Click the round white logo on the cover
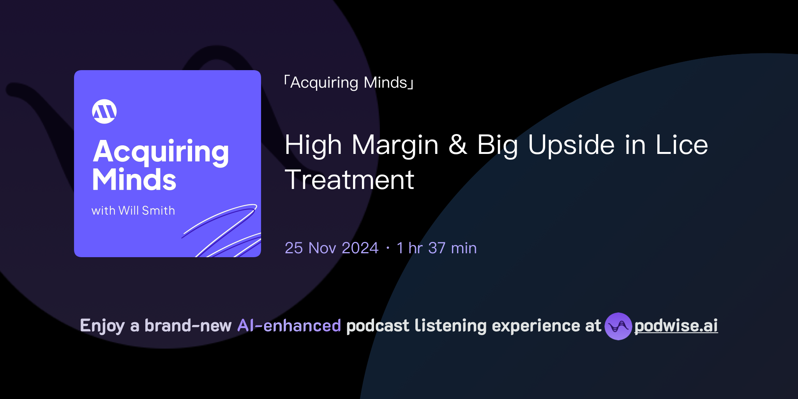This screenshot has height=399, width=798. click(x=104, y=111)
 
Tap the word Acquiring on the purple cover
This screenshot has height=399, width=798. click(x=161, y=152)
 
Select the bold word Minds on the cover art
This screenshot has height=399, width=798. click(x=134, y=180)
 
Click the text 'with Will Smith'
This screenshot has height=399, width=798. click(x=133, y=210)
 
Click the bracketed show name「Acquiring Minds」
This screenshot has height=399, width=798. click(x=349, y=83)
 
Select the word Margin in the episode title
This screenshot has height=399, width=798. click(x=395, y=145)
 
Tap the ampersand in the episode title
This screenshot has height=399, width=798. click(x=458, y=145)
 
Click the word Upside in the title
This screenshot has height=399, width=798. click(x=571, y=145)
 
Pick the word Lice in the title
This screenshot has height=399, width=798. click(x=682, y=145)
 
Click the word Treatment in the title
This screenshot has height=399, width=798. click(x=350, y=180)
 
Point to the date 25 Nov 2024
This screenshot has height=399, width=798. click(x=332, y=248)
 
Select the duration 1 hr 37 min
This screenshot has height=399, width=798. click(x=436, y=248)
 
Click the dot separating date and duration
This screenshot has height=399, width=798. click(x=388, y=248)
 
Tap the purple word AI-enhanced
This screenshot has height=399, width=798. click(x=289, y=326)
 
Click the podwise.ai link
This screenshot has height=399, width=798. click(x=676, y=326)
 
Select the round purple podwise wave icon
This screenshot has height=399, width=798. click(x=618, y=326)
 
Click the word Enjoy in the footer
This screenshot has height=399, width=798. click(x=102, y=326)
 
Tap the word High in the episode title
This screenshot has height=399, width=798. click(x=313, y=145)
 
